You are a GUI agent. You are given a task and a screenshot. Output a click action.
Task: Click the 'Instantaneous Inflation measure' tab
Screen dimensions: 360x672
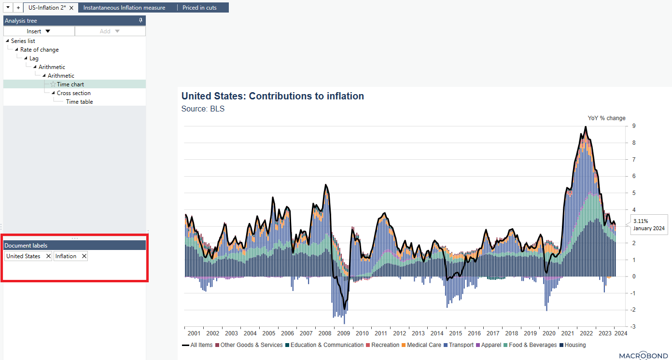pos(124,8)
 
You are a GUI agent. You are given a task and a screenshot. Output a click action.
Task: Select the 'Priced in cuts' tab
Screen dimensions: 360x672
pos(199,8)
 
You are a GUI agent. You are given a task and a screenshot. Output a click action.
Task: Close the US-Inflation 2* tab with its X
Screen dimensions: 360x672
pos(71,8)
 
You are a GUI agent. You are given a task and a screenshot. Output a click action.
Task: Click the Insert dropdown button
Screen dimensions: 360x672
pos(39,31)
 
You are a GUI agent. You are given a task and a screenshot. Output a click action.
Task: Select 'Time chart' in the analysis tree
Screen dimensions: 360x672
pos(70,84)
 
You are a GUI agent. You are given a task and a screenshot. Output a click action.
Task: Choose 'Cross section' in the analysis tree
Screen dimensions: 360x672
pos(73,93)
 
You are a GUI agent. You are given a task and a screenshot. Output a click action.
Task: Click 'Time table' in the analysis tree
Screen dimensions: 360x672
pos(79,102)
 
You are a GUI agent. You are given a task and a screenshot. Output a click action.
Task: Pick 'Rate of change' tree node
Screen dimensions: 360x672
pos(40,50)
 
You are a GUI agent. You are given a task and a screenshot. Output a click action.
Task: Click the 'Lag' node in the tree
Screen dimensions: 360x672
pos(34,58)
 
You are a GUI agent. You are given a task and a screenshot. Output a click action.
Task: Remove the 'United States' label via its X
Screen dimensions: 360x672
pos(48,256)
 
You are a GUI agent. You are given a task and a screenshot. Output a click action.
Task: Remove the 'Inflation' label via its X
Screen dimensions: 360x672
pos(84,256)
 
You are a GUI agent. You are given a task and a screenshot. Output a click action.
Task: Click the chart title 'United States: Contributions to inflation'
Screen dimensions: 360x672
pos(273,96)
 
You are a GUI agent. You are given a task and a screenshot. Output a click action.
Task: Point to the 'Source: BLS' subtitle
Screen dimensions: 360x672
pos(203,109)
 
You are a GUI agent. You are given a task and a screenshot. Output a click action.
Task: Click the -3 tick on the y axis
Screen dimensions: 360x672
pos(633,327)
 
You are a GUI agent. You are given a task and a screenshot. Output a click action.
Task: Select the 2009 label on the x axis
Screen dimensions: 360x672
pos(343,333)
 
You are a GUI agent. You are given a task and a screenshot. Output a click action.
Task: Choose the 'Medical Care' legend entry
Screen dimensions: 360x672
pos(424,345)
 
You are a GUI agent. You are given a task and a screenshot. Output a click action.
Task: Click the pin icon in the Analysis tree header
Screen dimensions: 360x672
pos(140,20)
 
